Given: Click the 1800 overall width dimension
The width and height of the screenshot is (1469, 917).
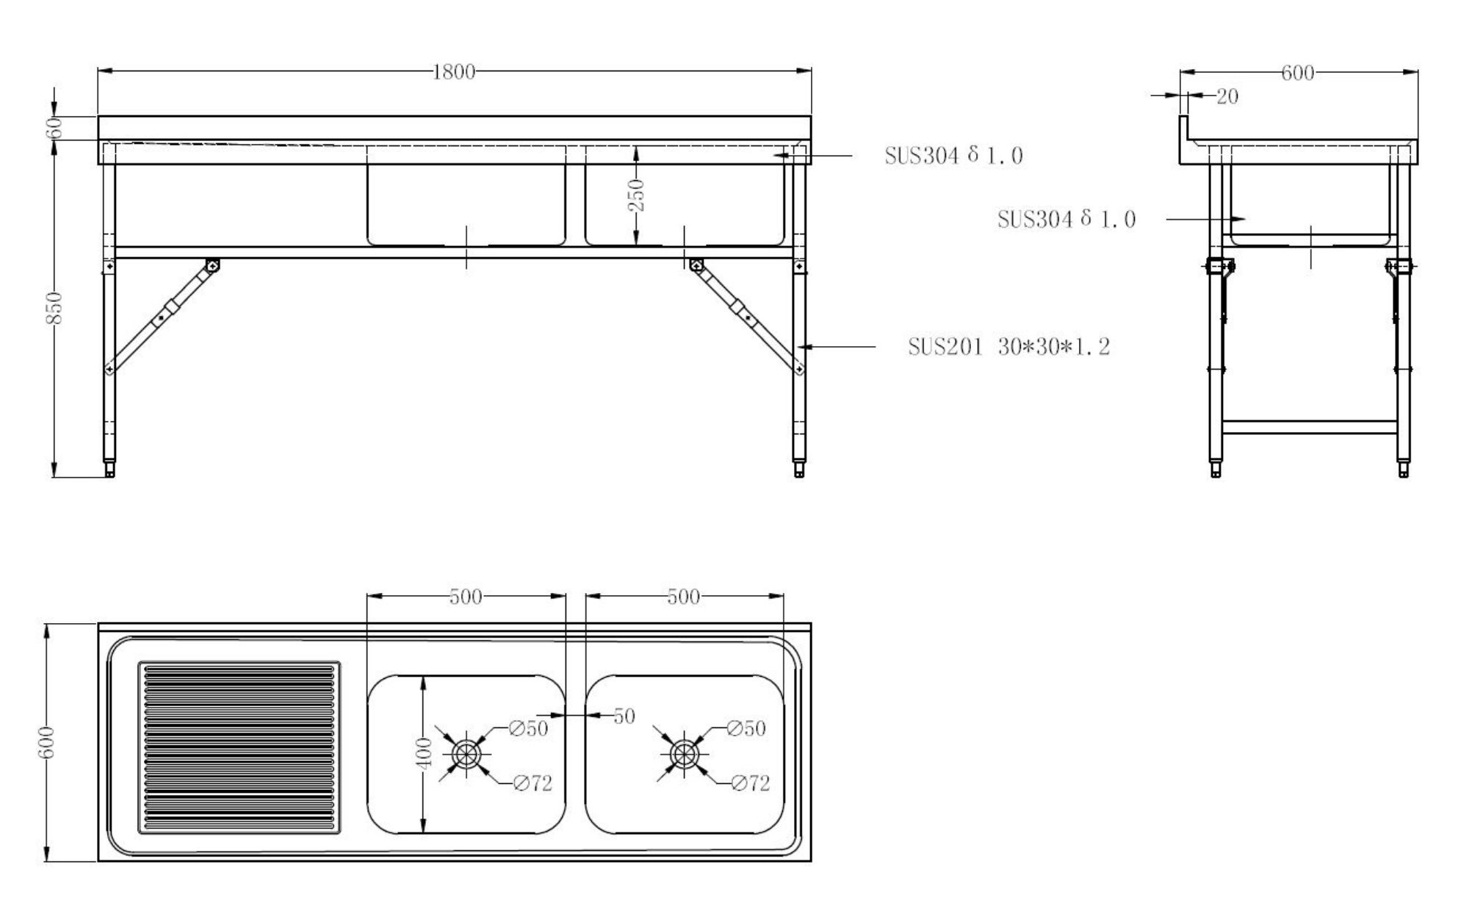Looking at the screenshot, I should point(454,72).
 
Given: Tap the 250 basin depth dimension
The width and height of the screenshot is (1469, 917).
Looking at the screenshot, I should point(638,195).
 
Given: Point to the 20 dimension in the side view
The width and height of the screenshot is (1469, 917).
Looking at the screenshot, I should point(1227,96).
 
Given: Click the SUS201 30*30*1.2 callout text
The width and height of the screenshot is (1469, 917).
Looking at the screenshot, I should point(1008,347).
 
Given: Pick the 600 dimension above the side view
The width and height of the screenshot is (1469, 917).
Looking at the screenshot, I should point(1297,73).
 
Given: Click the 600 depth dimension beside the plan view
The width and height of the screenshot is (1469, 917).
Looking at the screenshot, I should point(46,743).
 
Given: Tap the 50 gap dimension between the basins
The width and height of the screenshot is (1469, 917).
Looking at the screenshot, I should point(624,716).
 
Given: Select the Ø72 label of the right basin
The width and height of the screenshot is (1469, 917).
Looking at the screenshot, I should point(750,784).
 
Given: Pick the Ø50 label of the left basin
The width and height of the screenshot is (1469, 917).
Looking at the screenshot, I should point(529,729).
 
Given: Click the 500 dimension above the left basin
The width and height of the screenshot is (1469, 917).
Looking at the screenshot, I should point(466,597).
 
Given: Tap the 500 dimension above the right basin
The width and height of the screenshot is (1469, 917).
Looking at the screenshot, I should point(683,597).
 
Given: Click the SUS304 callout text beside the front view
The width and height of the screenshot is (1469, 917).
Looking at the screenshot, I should point(953,156).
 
